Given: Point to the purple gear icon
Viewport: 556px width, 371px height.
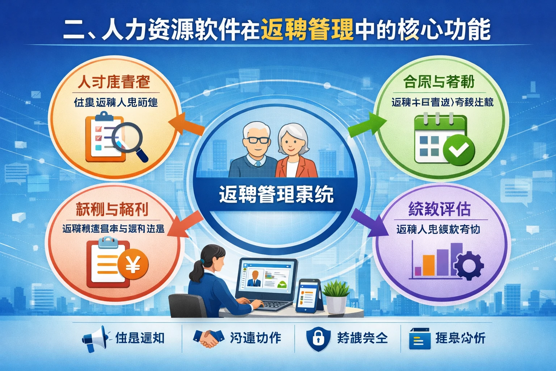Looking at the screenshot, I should [x=469, y=266].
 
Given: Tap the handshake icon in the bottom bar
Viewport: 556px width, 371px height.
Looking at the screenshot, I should [x=208, y=338].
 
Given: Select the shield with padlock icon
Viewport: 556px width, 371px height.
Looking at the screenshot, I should [x=318, y=338].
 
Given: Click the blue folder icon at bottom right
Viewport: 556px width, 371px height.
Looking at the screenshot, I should [x=420, y=338].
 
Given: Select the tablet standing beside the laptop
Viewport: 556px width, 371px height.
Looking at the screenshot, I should [x=308, y=295].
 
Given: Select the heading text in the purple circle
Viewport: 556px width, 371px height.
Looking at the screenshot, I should [x=439, y=209].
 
